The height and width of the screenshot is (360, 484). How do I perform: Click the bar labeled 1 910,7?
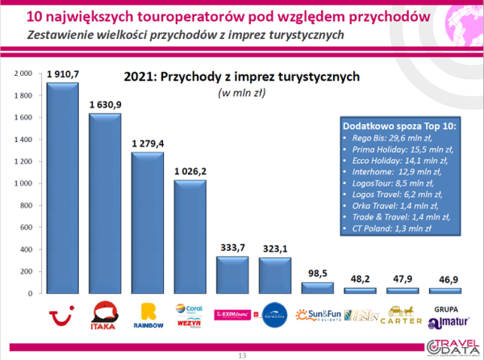coord(62,190)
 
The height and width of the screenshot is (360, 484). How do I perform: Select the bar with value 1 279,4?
coord(148,223)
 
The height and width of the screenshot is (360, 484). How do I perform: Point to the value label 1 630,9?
coord(106,104)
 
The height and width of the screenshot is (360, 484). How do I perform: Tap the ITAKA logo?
coord(106,316)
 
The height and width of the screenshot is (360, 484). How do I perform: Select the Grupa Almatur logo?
coord(443,315)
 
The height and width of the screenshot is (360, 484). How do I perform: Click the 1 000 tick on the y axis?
coord(23,184)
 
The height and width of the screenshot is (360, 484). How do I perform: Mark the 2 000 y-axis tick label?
coord(23,73)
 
